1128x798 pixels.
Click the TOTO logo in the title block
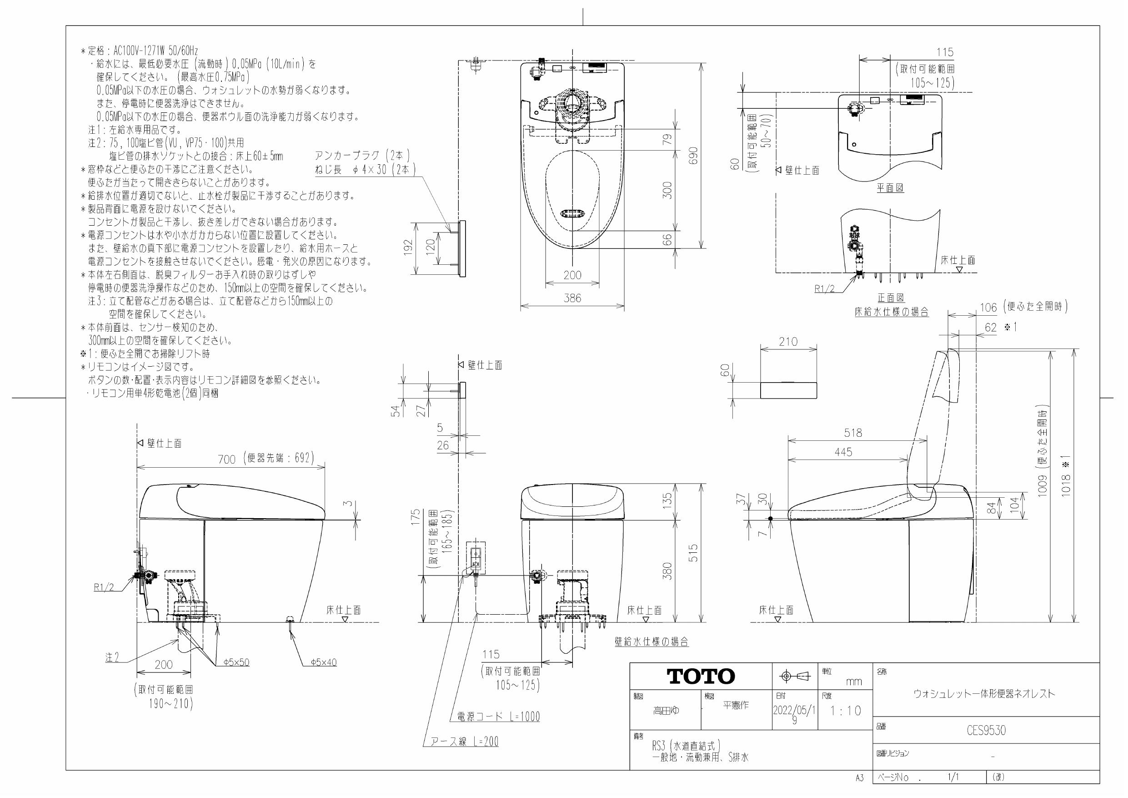pyautogui.click(x=701, y=677)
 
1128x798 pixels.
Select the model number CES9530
pyautogui.click(x=986, y=731)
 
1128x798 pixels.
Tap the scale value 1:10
pyautogui.click(x=846, y=711)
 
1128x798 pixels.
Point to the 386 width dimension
pyautogui.click(x=572, y=298)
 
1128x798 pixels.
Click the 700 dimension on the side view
pyautogui.click(x=227, y=459)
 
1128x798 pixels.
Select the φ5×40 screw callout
pyautogui.click(x=323, y=663)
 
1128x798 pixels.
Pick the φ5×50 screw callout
pyautogui.click(x=236, y=663)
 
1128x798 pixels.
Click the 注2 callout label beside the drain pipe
pyautogui.click(x=112, y=657)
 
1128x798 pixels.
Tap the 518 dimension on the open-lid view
pyautogui.click(x=853, y=433)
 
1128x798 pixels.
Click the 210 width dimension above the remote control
pyautogui.click(x=788, y=342)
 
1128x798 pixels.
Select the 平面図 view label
pyautogui.click(x=890, y=188)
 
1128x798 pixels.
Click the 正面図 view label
pyautogui.click(x=890, y=298)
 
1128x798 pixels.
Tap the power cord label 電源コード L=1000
pyautogui.click(x=498, y=717)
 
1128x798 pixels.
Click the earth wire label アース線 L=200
pyautogui.click(x=464, y=742)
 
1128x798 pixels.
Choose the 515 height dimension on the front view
pyautogui.click(x=693, y=553)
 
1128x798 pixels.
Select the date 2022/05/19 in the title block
pyautogui.click(x=794, y=714)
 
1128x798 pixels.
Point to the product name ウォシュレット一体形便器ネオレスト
pyautogui.click(x=984, y=694)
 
